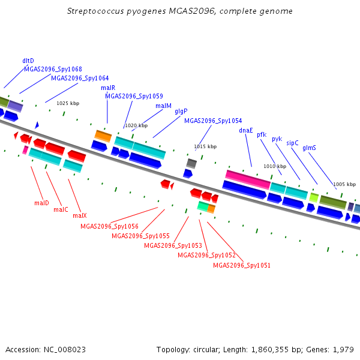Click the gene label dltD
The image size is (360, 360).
pos(28,61)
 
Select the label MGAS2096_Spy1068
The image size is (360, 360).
pos(53,69)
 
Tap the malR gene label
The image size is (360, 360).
pos(108,88)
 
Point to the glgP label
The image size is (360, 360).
pos(181,112)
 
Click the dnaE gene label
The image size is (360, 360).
pos(245,130)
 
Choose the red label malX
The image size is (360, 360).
pos(79,215)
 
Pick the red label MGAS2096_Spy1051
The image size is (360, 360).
pos(242,265)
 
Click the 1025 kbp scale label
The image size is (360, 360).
pos(68,103)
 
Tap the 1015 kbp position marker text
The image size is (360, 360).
pos(205,146)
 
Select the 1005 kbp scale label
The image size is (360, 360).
pos(344,184)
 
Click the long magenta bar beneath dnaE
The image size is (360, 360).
pos(248,179)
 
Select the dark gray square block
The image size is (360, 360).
pos(191,163)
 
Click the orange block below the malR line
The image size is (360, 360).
pos(103,136)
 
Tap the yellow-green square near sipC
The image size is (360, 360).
pos(314,197)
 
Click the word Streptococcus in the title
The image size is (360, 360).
pos(95,11)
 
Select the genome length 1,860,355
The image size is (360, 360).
pos(270,350)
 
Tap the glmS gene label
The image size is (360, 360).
pos(309,148)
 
